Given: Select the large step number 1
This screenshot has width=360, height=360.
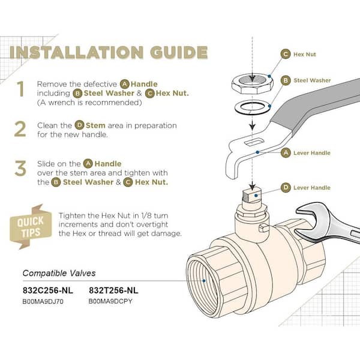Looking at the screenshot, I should click(x=21, y=90).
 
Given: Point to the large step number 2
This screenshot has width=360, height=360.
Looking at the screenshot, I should click(x=21, y=129).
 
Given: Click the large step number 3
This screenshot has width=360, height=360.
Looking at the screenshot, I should click(x=21, y=168).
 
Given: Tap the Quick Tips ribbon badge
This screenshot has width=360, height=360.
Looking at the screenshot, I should click(x=29, y=226).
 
